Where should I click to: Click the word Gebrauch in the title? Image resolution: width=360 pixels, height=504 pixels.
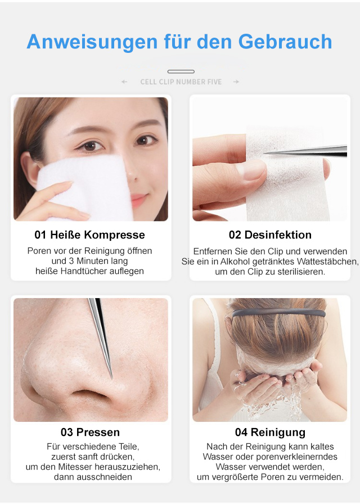point(285,42)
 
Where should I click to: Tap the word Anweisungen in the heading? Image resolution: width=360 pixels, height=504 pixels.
point(92,42)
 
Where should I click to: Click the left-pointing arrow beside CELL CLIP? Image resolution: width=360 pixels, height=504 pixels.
point(124,82)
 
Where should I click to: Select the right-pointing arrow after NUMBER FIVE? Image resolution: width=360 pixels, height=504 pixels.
point(236,82)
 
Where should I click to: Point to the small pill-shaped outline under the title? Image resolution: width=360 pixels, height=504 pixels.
point(181,71)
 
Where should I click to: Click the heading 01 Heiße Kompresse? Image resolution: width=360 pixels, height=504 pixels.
point(89,235)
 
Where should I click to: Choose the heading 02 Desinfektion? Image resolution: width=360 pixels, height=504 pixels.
point(270,235)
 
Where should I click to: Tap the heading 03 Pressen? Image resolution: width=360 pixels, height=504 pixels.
point(90,433)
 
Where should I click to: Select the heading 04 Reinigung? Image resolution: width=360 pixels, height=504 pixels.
point(270,433)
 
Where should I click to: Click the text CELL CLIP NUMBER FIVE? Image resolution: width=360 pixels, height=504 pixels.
point(181,82)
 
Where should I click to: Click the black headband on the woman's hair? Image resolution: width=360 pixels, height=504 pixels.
point(278,312)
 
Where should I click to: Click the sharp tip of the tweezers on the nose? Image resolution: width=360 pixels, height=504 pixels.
point(111,377)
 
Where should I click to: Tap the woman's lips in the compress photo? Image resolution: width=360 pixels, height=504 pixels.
point(138,199)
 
